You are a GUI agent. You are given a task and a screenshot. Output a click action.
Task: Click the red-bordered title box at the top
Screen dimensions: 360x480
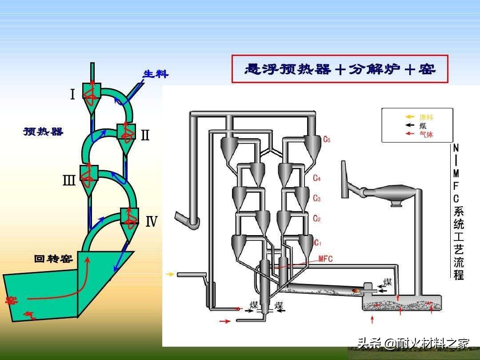point(340,69)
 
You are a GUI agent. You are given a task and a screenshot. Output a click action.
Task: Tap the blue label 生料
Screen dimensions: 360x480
point(156,74)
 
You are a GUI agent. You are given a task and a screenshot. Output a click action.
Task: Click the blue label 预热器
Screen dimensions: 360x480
point(43,132)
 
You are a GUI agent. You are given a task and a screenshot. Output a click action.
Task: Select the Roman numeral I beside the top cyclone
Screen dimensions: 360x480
point(72,95)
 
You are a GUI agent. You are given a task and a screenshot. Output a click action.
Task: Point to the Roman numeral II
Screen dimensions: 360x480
point(145,135)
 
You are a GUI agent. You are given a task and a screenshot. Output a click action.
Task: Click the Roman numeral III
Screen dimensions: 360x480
point(69,180)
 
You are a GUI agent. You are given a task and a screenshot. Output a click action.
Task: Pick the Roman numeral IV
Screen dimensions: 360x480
point(152,221)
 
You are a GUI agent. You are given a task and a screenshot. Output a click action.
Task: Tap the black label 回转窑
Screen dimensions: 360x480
point(53,259)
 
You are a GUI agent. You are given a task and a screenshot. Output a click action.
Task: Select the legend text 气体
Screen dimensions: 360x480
point(426,134)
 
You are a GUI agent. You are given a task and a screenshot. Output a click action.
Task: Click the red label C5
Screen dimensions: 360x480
point(327,140)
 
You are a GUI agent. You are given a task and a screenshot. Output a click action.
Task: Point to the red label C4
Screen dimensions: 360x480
point(316,178)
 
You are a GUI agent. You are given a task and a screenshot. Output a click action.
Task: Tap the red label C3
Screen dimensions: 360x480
point(316,198)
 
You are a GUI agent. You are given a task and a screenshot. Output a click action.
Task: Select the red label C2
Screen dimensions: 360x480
point(316,218)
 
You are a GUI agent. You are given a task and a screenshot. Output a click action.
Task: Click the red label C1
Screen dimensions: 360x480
point(317,243)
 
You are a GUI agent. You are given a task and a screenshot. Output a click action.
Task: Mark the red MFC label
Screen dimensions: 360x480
point(326,259)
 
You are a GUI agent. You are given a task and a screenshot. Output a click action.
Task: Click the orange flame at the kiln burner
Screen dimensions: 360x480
point(356,290)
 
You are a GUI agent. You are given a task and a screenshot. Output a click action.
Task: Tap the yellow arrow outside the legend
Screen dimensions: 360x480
point(170,274)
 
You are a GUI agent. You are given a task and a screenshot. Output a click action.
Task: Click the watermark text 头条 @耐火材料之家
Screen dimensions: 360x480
point(413,343)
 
